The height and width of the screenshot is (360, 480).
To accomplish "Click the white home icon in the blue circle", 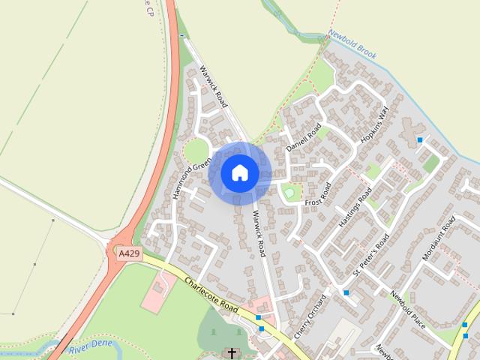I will coord(239,172).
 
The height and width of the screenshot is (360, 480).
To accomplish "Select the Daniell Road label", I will coord(304,137).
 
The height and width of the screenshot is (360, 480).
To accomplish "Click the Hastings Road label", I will coord(355,208).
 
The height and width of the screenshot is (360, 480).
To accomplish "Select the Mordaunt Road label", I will coord(439,238).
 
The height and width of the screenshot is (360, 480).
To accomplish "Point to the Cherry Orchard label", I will coord(312,316).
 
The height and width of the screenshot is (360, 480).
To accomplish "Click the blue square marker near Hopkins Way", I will coord(420,140).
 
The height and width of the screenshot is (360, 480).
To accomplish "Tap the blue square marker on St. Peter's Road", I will coord(346,292).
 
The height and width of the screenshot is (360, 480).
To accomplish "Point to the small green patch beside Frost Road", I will coord(289,193).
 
